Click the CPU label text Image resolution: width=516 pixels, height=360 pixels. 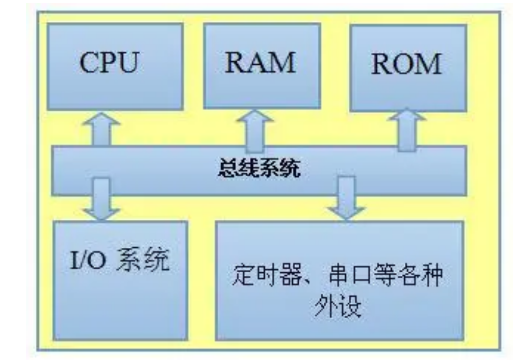click(x=110, y=65)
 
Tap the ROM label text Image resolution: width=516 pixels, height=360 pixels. click(x=406, y=65)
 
